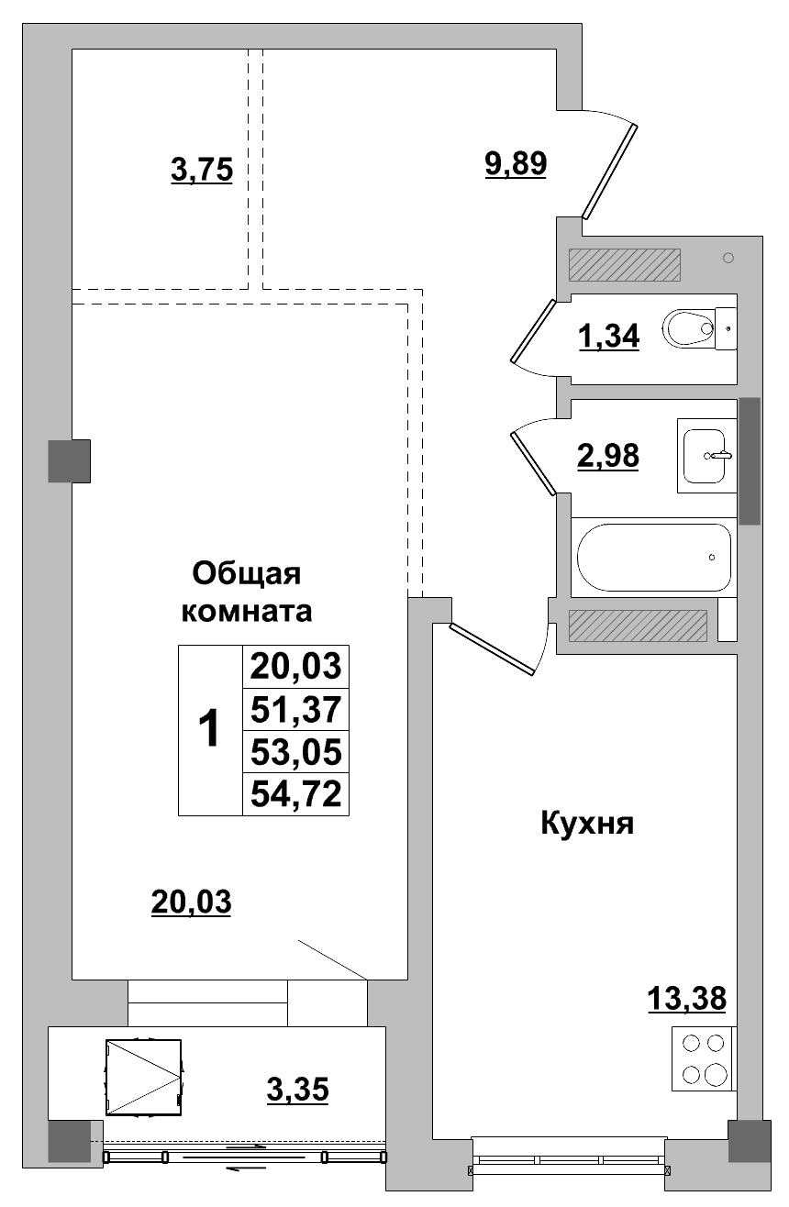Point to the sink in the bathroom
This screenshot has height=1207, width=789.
click(707, 455)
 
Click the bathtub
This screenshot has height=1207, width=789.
click(653, 557)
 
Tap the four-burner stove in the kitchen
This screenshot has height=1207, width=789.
click(704, 1059)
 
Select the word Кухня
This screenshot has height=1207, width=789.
click(587, 824)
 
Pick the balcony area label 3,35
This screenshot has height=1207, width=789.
click(297, 1091)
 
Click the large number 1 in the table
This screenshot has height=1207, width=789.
click(210, 730)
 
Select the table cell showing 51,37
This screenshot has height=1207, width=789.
click(295, 709)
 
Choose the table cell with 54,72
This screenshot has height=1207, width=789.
click(295, 794)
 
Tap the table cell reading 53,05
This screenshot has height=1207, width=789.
click(295, 752)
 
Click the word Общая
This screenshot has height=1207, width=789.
click(247, 574)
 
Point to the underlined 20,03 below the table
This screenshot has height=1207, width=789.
click(191, 902)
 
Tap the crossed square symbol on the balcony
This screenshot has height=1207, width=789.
click(143, 1077)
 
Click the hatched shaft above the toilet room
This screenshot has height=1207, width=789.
click(624, 266)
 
